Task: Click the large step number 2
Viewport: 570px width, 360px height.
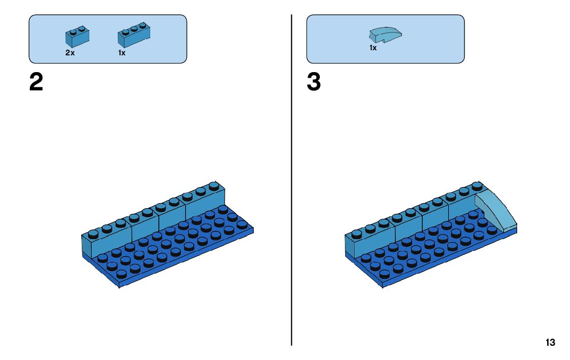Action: pos(36,83)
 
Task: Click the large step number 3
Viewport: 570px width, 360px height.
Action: pos(314,83)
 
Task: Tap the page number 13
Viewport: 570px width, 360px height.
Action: pos(550,343)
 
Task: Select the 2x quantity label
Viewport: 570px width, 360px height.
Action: pos(70,53)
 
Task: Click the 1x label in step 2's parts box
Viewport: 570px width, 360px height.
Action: pos(122,53)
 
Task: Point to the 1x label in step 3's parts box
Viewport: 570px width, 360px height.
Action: pos(373,48)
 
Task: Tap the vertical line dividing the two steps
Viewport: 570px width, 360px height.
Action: pos(291,178)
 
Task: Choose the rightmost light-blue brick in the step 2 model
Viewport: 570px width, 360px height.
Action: pos(206,206)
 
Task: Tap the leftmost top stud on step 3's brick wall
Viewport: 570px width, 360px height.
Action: pos(356,234)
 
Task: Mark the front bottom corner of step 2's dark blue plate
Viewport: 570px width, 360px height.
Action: pos(119,285)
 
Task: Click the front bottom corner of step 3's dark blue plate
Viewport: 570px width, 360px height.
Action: pos(382,285)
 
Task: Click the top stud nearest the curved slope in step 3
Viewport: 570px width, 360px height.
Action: pos(477,186)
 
